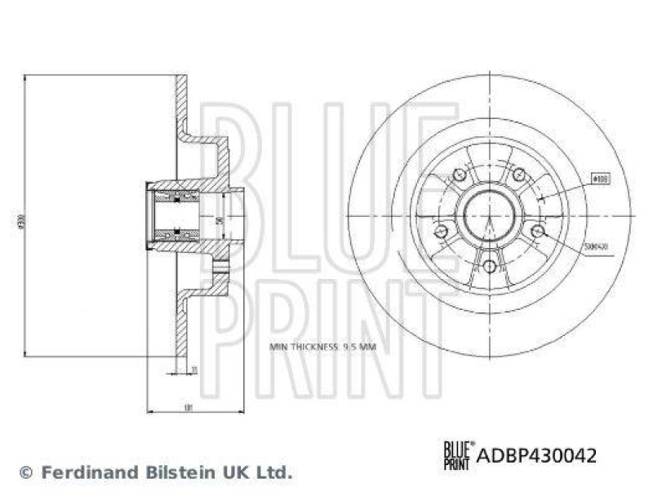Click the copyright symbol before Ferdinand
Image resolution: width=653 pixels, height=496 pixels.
pyautogui.click(x=25, y=472)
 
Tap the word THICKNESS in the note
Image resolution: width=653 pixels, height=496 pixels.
pyautogui.click(x=316, y=347)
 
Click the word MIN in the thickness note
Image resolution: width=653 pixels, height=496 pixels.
pyautogui.click(x=280, y=347)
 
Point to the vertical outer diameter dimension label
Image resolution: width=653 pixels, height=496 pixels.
pyautogui.click(x=22, y=220)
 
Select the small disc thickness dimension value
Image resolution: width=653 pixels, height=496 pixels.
pyautogui.click(x=194, y=370)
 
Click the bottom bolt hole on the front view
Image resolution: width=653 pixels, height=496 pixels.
pyautogui.click(x=489, y=265)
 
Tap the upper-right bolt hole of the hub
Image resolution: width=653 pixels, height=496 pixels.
pyautogui.click(x=518, y=174)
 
